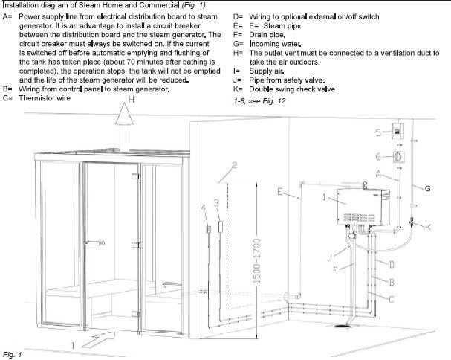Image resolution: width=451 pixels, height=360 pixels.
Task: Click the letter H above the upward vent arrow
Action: click(x=131, y=100)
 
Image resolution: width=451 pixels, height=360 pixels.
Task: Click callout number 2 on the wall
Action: click(x=235, y=165)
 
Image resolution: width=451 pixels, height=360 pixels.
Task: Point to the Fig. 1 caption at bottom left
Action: click(x=12, y=353)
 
